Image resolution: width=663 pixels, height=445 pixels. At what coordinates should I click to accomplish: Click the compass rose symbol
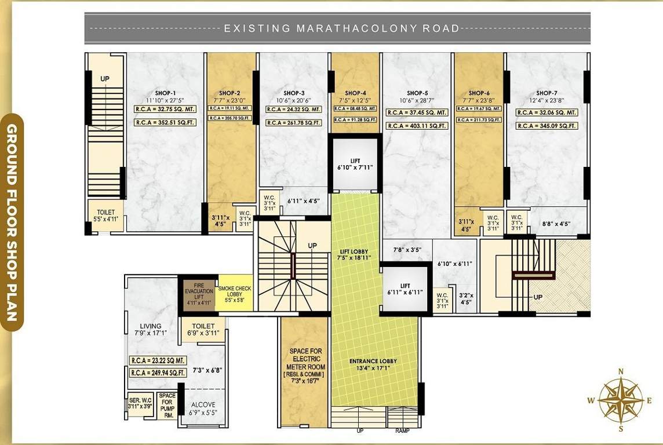[x=621, y=399]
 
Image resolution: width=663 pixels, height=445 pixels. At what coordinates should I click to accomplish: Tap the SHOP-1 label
[x=166, y=93]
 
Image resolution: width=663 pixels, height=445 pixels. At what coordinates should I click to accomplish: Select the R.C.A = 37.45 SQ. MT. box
[x=417, y=112]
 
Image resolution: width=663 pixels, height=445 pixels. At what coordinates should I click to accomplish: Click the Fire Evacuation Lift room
[x=196, y=294]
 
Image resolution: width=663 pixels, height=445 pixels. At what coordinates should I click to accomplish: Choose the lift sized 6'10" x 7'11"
[x=355, y=164]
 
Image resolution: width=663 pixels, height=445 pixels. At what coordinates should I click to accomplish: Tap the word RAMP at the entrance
[x=402, y=431]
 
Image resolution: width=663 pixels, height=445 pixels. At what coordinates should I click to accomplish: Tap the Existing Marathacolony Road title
[x=342, y=28]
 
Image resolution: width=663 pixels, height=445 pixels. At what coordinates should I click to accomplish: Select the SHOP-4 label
[x=355, y=93]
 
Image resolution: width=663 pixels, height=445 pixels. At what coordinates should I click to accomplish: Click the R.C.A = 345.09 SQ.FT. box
[x=547, y=126]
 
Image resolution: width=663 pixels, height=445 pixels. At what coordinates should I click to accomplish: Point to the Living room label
[x=150, y=330]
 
